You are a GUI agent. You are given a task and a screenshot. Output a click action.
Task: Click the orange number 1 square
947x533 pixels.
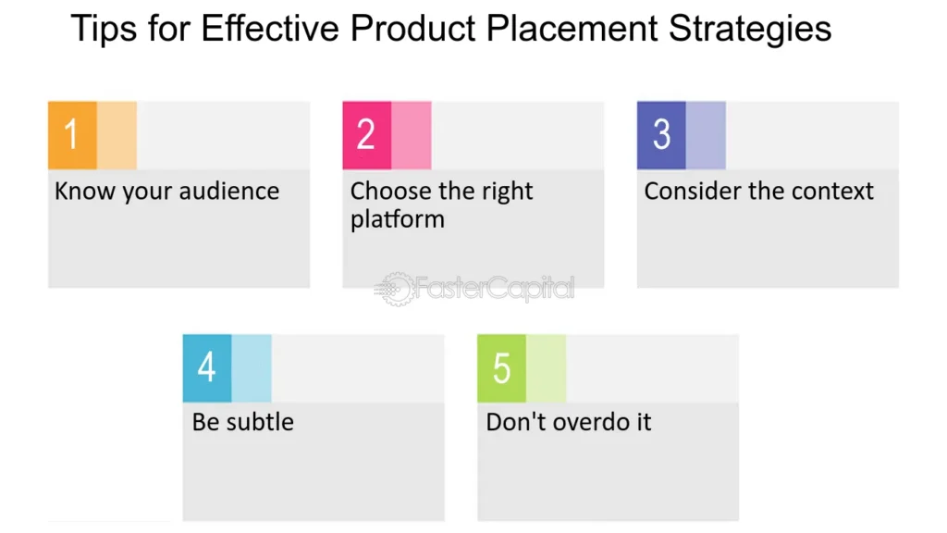click(72, 135)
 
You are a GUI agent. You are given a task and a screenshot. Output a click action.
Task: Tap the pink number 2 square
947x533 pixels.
click(366, 135)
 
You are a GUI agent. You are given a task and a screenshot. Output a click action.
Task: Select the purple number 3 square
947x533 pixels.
click(661, 135)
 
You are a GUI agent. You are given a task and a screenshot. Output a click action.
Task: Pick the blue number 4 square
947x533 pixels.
click(207, 368)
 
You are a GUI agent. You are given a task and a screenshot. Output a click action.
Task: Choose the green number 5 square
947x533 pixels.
click(501, 368)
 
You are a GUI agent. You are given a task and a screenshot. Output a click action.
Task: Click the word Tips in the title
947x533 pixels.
click(104, 29)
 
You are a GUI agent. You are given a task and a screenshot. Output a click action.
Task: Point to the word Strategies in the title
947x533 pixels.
click(750, 29)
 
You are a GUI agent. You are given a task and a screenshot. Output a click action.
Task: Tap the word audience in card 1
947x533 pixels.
click(229, 191)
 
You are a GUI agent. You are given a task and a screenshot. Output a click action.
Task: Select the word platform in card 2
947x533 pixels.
click(398, 219)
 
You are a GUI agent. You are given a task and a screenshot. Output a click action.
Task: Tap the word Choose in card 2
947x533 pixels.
click(391, 191)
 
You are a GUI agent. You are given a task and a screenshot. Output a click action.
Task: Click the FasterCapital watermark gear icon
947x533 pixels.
click(396, 289)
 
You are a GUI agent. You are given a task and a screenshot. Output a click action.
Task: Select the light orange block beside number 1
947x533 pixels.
click(117, 135)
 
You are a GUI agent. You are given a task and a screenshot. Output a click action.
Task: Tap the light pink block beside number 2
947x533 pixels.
click(412, 135)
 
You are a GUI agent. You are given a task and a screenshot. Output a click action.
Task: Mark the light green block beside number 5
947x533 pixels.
click(546, 368)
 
